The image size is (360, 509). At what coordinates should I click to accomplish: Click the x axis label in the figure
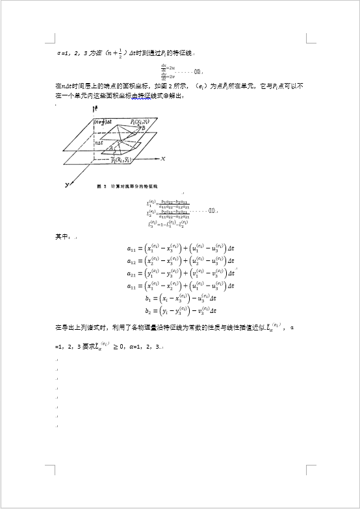[163, 158]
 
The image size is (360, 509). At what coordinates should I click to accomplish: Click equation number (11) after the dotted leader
[211, 211]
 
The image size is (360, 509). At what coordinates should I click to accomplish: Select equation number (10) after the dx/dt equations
[198, 71]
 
